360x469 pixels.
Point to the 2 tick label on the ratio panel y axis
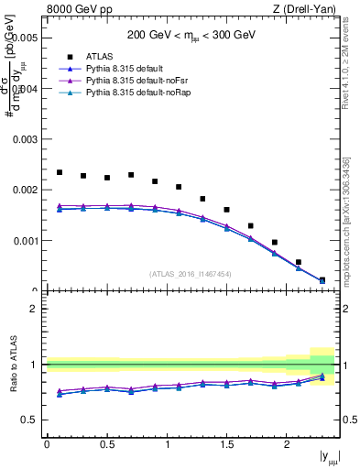(35, 310)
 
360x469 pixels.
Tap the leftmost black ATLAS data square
(60, 172)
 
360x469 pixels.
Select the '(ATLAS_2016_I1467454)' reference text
(191, 273)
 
